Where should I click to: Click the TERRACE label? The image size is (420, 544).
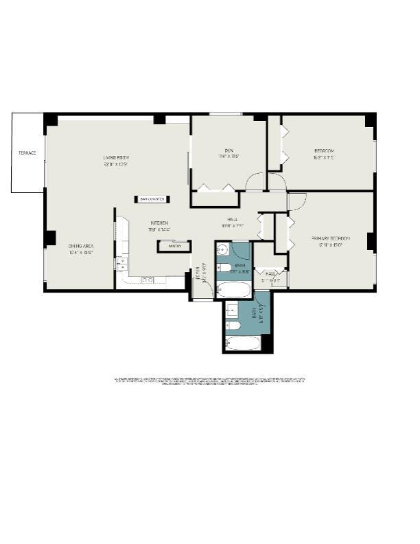point(27,152)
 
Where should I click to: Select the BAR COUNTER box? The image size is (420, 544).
point(152,199)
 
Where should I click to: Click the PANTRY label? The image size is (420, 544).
point(174,245)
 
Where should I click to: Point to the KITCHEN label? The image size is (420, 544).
point(161,223)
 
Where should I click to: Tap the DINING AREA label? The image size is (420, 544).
point(80,246)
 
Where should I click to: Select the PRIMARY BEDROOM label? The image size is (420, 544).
point(331,238)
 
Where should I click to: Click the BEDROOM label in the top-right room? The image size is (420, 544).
point(324,150)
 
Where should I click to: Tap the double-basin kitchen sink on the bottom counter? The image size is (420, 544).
point(147,280)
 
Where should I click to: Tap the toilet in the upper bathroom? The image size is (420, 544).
point(222,267)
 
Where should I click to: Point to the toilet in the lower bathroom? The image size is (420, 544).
point(231,324)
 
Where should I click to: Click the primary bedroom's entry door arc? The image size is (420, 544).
point(296,201)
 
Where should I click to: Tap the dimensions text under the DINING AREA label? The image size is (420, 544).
point(80,252)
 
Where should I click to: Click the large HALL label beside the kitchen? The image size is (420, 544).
point(233,219)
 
